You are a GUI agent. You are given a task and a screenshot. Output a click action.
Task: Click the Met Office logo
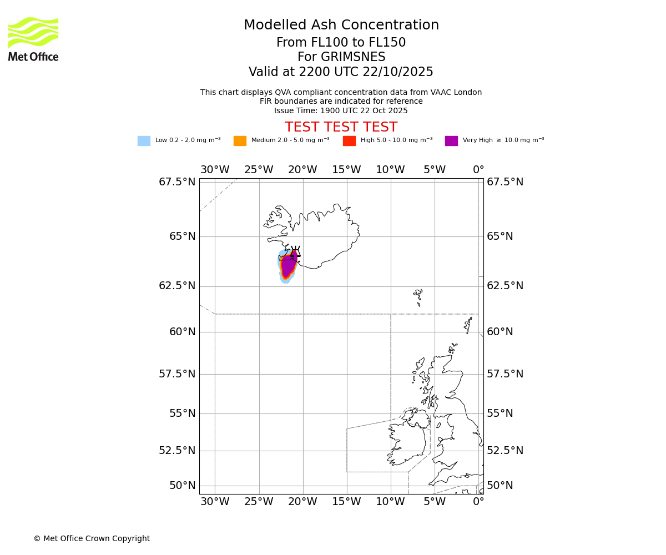(x=33, y=39)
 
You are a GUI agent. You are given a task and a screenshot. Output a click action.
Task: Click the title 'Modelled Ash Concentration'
(x=341, y=25)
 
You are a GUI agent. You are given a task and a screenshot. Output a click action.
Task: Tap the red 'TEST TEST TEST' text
(x=341, y=127)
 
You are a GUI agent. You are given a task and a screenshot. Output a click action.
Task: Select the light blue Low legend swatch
(x=144, y=140)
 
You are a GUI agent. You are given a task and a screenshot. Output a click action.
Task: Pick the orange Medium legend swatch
(x=240, y=140)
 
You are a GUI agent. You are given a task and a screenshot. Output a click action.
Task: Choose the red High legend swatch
(x=349, y=140)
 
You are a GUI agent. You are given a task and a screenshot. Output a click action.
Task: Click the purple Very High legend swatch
(x=451, y=140)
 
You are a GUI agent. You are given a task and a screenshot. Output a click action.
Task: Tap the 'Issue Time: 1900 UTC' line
(x=341, y=110)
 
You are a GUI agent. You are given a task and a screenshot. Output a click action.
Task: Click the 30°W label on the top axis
(x=215, y=169)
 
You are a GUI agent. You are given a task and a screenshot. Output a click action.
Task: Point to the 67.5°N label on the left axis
(x=177, y=182)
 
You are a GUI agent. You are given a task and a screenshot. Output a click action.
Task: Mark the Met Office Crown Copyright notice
(x=92, y=538)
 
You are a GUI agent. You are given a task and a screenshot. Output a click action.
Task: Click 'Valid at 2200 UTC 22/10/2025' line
(x=341, y=72)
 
